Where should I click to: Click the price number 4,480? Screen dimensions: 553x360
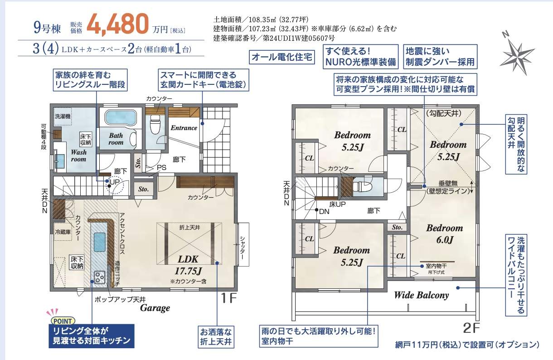click(117, 24)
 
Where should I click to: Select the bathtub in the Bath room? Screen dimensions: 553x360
click(120, 118)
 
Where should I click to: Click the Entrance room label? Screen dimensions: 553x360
click(184, 128)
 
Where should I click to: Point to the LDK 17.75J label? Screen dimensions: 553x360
click(188, 265)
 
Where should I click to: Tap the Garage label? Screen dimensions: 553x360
click(155, 308)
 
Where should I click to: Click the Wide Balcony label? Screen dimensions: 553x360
click(422, 295)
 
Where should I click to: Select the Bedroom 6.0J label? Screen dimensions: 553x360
click(445, 234)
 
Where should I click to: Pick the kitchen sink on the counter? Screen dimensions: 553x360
click(99, 242)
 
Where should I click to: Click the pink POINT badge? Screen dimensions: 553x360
click(63, 321)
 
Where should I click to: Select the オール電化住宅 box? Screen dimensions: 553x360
click(281, 57)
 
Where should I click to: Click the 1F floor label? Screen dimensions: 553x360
click(228, 298)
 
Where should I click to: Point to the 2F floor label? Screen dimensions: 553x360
click(471, 328)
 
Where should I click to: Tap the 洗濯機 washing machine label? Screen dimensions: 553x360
click(63, 116)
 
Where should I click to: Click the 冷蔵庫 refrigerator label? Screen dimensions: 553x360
click(63, 232)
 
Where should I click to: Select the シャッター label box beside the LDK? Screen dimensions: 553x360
click(243, 244)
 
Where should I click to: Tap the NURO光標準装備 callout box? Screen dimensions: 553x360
click(361, 57)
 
